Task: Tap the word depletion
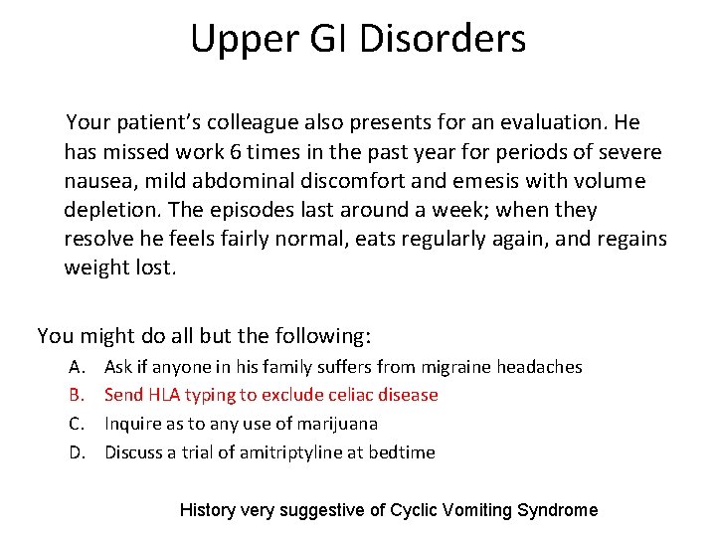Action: tap(107, 210)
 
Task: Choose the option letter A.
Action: tap(76, 367)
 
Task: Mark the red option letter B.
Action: tap(76, 395)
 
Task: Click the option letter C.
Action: tap(76, 424)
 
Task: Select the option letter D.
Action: tap(77, 452)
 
